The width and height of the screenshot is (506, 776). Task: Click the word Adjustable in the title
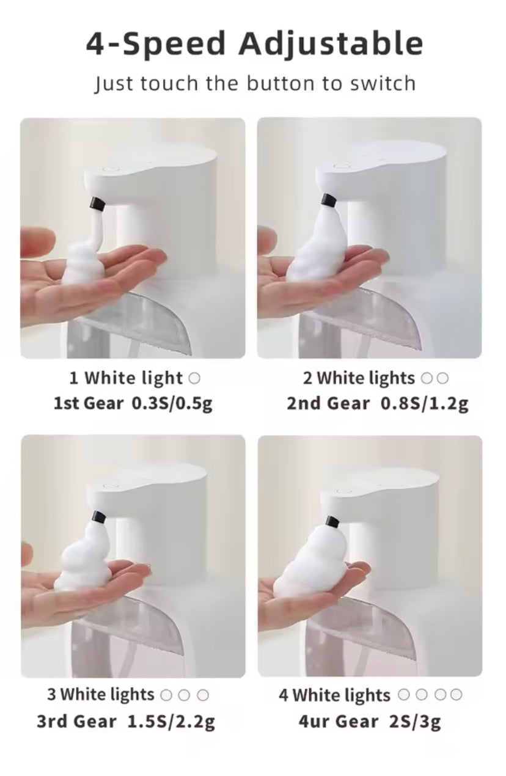tap(330, 44)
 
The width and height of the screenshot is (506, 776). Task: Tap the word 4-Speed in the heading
tap(156, 44)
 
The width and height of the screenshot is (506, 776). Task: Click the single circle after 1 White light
tap(194, 378)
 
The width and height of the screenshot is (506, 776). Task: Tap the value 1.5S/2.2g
tap(171, 722)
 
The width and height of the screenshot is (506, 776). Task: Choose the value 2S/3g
tap(414, 722)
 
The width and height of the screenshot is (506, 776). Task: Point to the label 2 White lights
tap(359, 378)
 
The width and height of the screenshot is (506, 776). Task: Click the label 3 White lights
tap(101, 695)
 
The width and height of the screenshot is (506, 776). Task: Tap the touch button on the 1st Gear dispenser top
tap(109, 166)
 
